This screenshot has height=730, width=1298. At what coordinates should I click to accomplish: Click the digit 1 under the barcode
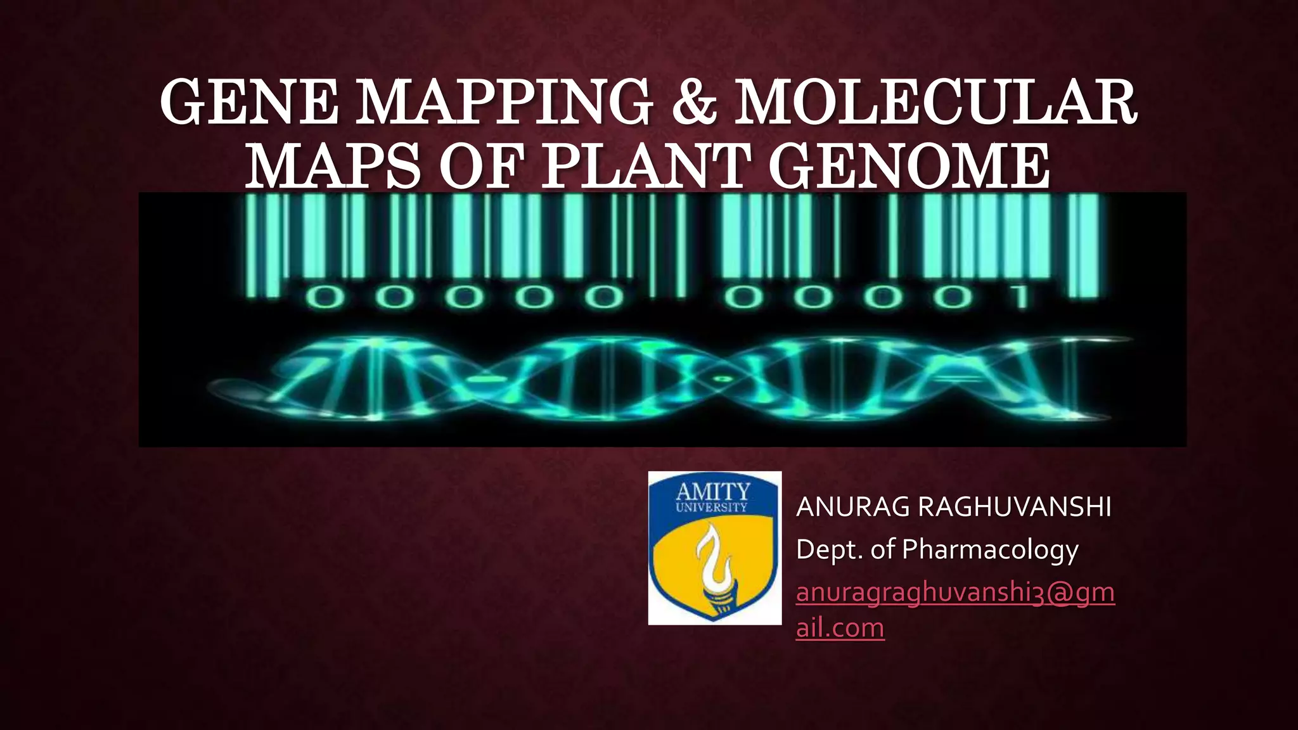pyautogui.click(x=1020, y=297)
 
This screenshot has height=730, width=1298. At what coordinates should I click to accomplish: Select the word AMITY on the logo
pyautogui.click(x=713, y=492)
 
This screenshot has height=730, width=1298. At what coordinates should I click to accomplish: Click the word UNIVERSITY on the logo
pyautogui.click(x=712, y=508)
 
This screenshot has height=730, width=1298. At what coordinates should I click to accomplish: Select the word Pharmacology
pyautogui.click(x=989, y=550)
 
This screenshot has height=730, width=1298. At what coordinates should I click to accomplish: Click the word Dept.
pyautogui.click(x=830, y=549)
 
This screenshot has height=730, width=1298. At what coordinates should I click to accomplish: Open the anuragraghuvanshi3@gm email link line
pyautogui.click(x=954, y=592)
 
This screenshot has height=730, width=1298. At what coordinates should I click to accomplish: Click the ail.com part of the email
pyautogui.click(x=840, y=628)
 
